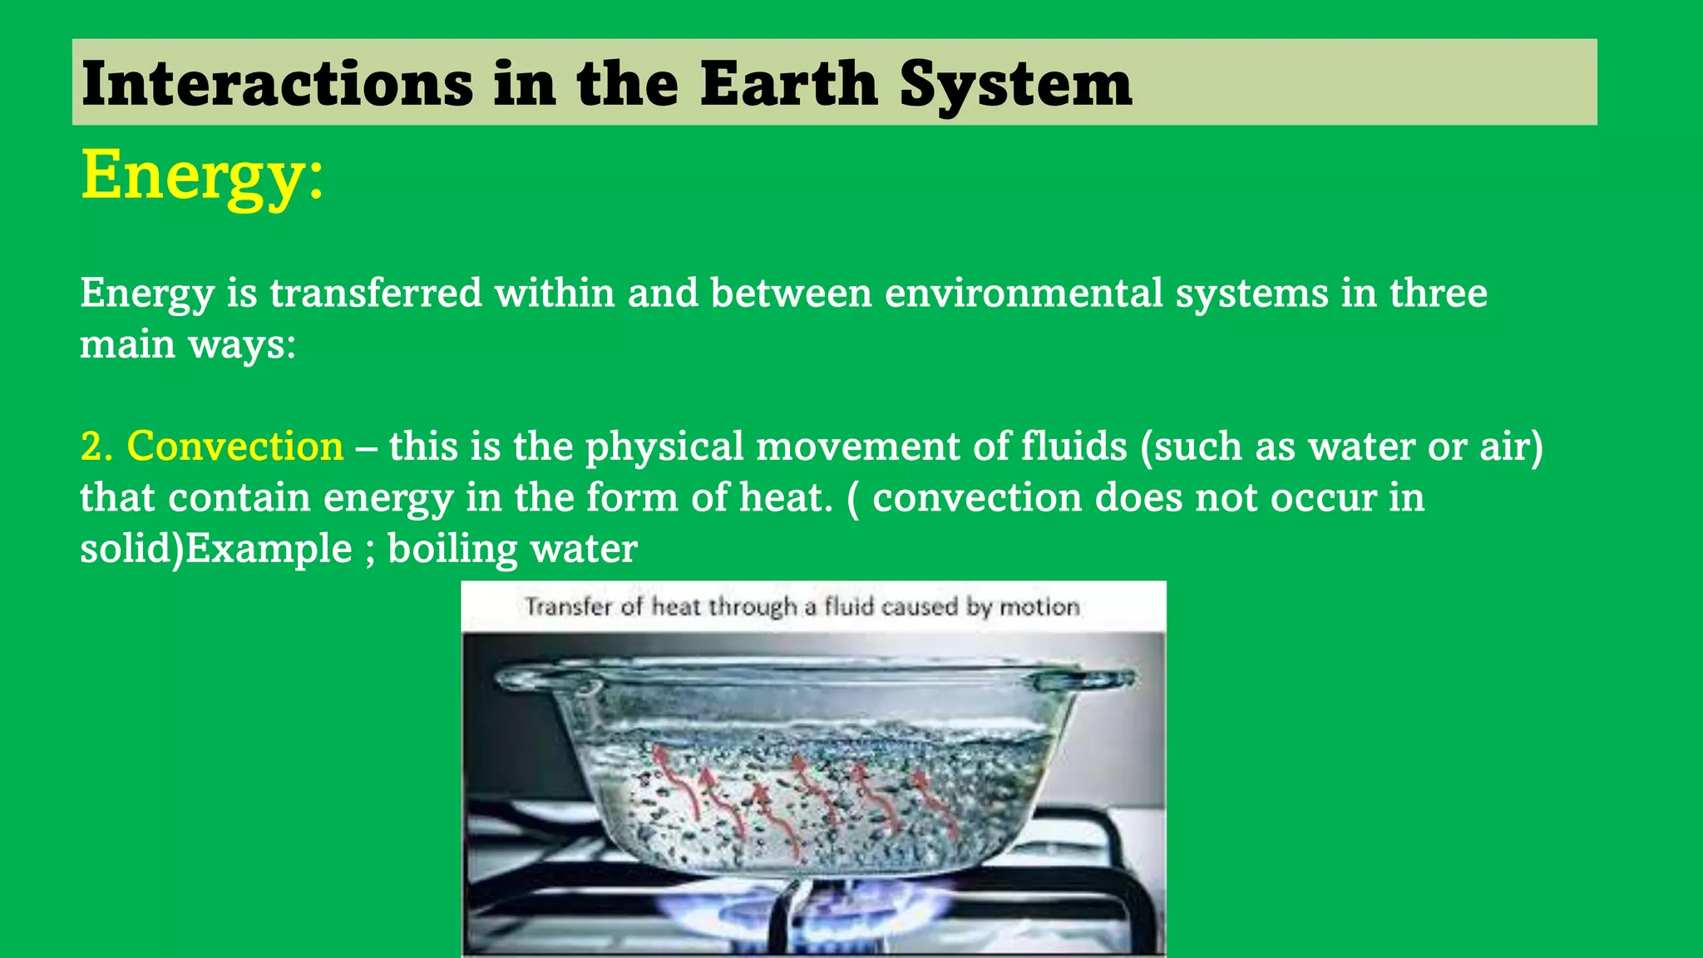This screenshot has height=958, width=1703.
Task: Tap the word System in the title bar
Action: click(1015, 85)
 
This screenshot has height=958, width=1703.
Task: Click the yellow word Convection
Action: click(234, 446)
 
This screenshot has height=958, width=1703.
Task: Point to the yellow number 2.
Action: click(96, 446)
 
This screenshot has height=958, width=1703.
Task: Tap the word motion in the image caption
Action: click(1039, 607)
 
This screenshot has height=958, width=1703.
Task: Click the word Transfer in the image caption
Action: click(569, 607)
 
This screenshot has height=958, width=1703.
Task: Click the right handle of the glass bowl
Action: click(1081, 681)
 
